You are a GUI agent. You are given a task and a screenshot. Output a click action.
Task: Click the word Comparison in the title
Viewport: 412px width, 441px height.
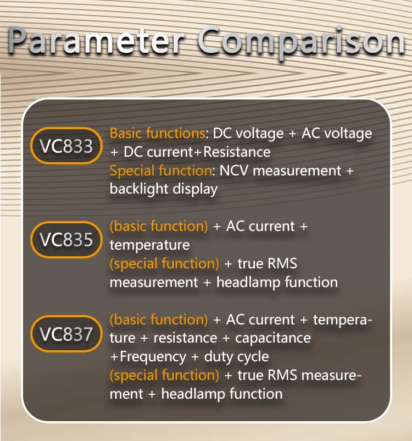(301, 42)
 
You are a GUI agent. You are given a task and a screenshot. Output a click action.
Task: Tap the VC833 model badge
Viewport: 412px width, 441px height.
(66, 146)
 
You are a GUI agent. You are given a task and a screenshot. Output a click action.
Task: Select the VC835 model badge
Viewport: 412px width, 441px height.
(66, 240)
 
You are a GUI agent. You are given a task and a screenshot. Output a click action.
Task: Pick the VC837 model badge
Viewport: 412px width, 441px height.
(66, 333)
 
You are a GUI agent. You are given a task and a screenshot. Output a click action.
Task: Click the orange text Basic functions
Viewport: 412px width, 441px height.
(157, 133)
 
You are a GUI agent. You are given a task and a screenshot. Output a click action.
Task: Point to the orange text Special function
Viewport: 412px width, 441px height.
(160, 170)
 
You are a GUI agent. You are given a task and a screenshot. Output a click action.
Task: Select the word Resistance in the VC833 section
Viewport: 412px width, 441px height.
(237, 152)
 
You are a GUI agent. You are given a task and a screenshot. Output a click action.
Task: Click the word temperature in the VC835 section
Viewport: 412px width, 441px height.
(149, 245)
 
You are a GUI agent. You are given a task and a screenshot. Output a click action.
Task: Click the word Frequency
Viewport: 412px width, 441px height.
(153, 356)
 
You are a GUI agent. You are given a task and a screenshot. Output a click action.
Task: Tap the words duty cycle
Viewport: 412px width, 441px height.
(236, 356)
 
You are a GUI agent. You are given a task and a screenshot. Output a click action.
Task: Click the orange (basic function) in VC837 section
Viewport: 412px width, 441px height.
(159, 319)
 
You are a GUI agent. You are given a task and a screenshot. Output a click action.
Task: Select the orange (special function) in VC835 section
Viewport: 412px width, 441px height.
(164, 263)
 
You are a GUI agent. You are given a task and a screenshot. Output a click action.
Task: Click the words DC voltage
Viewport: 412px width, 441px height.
(248, 133)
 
